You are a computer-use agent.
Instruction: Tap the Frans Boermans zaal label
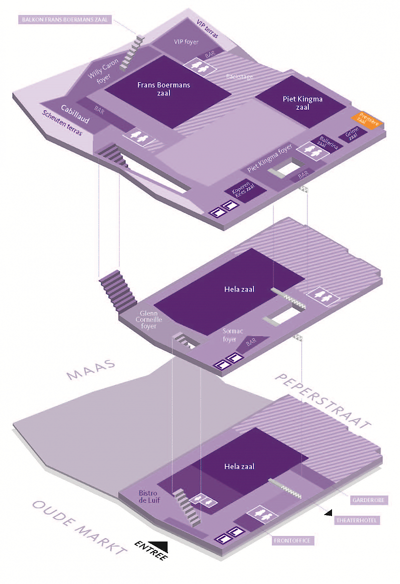click(157, 89)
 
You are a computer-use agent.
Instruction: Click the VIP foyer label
click(186, 42)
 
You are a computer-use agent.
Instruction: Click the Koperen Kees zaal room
click(243, 189)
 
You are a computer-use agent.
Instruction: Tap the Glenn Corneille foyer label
click(148, 320)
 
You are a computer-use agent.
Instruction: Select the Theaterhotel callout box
click(357, 521)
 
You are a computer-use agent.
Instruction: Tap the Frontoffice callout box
click(293, 541)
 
